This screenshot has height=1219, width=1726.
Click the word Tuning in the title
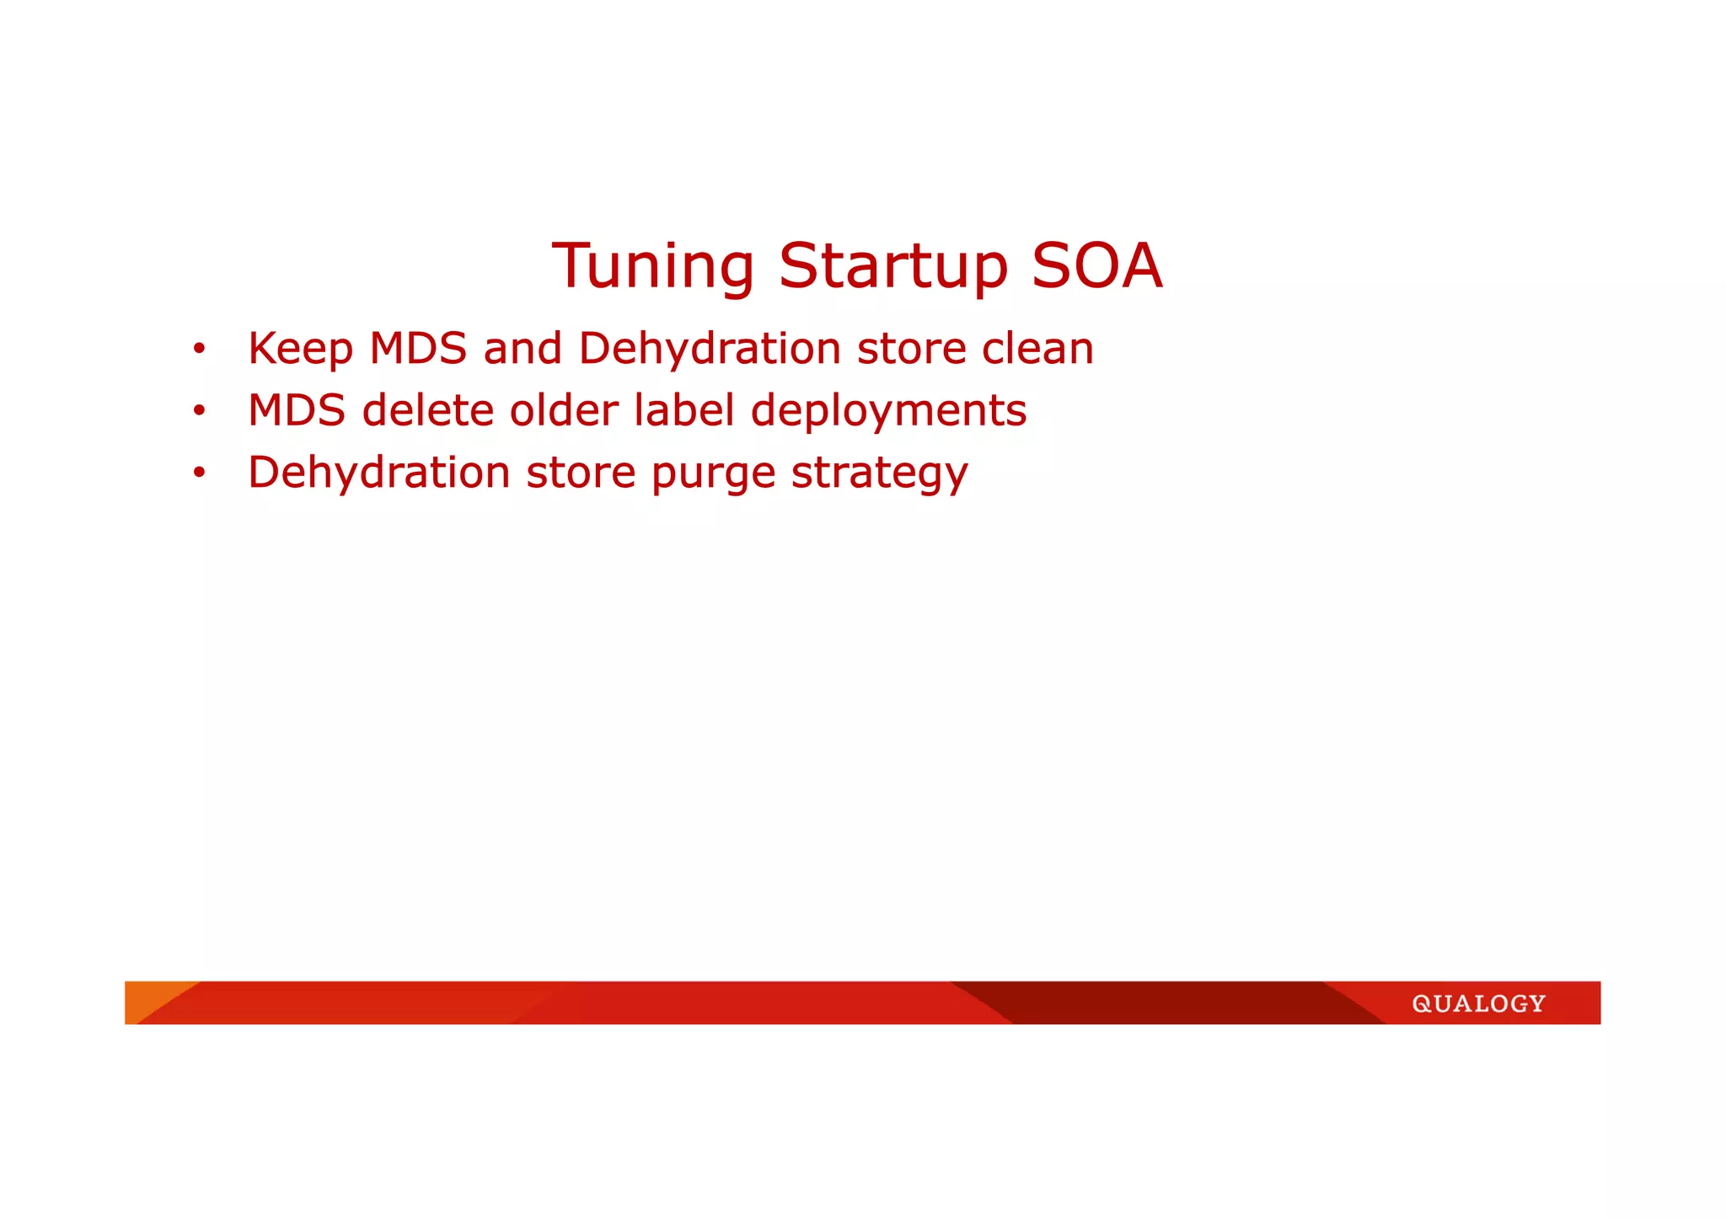652,266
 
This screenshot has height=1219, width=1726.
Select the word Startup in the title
892,266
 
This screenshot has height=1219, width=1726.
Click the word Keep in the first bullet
300,349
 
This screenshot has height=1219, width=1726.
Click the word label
683,410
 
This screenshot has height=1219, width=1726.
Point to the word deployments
888,411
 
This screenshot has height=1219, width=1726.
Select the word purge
713,473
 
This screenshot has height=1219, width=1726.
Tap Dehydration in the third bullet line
379,472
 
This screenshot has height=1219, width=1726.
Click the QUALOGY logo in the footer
1478,1003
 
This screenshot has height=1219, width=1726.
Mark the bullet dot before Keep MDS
199,350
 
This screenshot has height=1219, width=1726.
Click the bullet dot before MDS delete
199,412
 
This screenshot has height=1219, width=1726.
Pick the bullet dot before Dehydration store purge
199,473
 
